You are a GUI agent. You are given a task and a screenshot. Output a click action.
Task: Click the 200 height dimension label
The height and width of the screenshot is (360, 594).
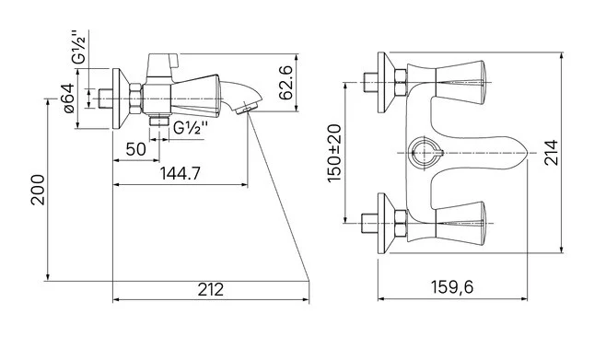click(x=38, y=190)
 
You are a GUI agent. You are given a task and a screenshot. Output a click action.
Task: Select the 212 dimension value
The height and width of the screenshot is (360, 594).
click(x=211, y=290)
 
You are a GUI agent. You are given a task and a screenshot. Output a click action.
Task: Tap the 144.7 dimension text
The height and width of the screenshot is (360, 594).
click(x=180, y=174)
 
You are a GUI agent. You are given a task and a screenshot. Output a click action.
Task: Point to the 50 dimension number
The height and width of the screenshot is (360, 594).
click(x=135, y=149)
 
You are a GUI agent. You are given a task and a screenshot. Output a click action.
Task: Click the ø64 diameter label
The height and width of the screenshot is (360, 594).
click(x=68, y=99)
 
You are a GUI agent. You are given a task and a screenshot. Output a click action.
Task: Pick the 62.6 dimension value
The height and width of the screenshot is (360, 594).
click(x=286, y=83)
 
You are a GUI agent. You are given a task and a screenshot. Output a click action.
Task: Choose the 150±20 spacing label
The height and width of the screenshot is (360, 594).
click(x=334, y=153)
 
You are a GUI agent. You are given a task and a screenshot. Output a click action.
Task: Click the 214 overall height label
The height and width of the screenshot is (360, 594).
click(x=552, y=153)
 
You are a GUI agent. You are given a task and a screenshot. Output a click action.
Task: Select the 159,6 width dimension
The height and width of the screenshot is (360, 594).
click(x=452, y=287)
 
